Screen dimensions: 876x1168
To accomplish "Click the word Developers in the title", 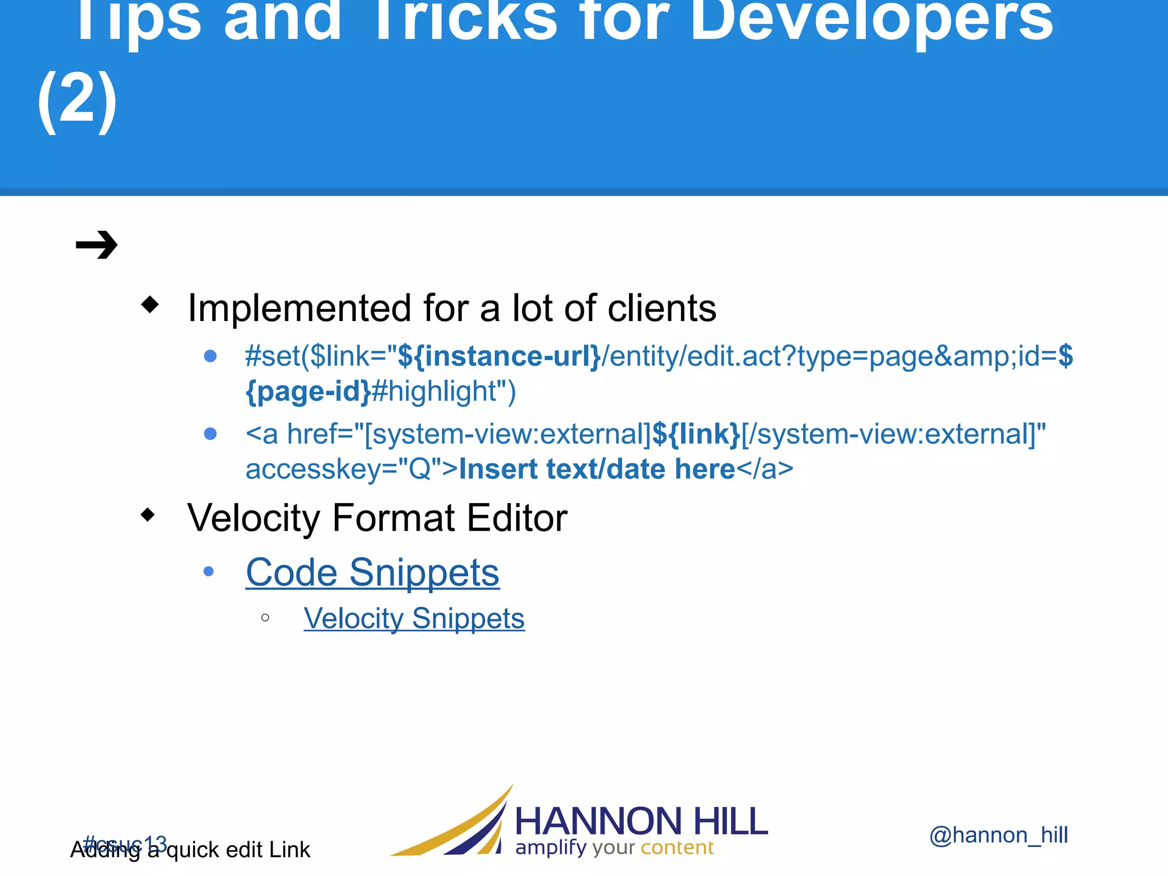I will coord(871,20).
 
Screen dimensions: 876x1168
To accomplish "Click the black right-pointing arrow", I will coord(96,245).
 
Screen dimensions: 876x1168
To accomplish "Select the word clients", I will coord(662,308).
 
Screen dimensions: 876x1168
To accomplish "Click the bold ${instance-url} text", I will coord(499,356).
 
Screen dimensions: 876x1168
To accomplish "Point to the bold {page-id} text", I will coord(308,392).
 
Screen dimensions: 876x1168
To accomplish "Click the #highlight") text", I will coord(444,392).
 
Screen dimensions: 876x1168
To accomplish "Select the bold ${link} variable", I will coord(696,434).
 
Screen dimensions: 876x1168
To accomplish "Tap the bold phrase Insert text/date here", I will coord(597,469).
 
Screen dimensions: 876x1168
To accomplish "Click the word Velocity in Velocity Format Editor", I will coord(254,518).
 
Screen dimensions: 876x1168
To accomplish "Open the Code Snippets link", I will coord(372,572).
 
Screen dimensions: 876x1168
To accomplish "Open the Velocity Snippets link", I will coord(414,619).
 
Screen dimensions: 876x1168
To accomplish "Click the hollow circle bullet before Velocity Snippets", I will coord(265,618).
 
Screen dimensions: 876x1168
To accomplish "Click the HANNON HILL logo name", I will coord(641,821).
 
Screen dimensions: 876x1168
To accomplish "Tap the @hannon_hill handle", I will coord(999,835).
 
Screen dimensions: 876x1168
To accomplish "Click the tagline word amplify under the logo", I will coord(551,848).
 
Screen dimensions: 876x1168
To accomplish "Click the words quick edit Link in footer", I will coord(238,850).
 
